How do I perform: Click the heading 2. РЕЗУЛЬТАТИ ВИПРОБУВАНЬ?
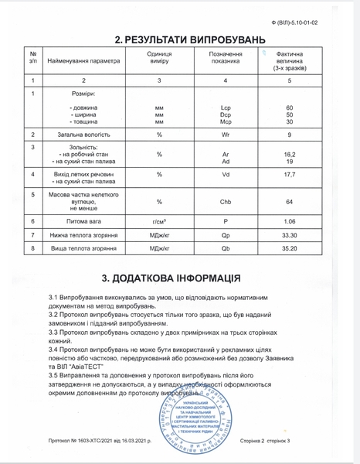point(179,39)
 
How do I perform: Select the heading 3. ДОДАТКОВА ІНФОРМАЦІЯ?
point(179,278)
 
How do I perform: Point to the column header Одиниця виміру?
point(159,60)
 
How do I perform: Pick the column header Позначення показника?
point(226,60)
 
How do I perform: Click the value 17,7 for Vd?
point(290,175)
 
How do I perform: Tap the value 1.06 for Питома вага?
point(290,221)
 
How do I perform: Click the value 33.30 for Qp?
point(290,235)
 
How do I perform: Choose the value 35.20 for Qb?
point(290,250)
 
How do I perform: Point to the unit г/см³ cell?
point(159,221)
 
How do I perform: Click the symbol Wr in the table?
point(226,135)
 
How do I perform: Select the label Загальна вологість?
point(84,135)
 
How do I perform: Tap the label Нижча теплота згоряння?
point(84,235)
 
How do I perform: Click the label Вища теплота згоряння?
point(84,250)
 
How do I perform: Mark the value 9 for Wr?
point(290,135)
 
